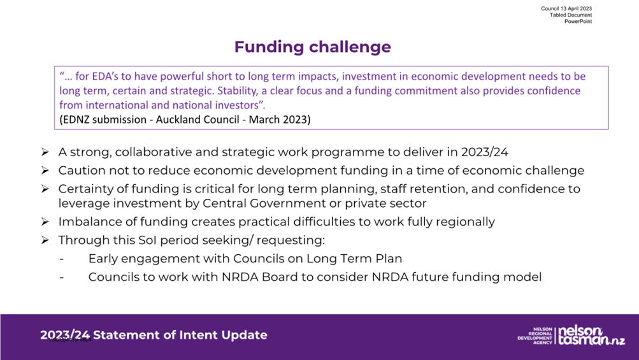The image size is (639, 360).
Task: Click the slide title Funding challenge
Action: click(313, 47)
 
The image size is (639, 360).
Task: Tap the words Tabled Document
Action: click(571, 15)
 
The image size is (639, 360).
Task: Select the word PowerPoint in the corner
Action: click(578, 22)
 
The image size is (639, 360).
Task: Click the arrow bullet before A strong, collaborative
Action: click(45, 152)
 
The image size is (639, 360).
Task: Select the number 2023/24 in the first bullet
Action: click(485, 152)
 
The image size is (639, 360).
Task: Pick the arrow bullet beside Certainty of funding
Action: click(45, 189)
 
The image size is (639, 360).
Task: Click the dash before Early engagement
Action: click(62, 259)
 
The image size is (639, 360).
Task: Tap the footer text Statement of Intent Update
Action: click(180, 335)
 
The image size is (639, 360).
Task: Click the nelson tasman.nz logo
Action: click(591, 336)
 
